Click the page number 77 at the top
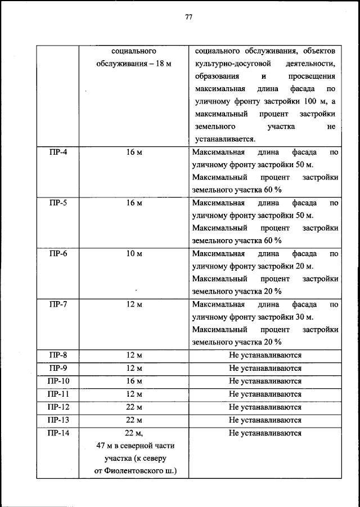click(188, 17)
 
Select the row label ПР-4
click(58, 152)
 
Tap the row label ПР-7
click(58, 304)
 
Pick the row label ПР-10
click(58, 382)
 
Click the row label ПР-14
click(58, 433)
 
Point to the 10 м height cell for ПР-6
click(134, 254)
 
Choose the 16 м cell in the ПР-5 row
click(134, 203)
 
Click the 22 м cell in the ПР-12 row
click(134, 407)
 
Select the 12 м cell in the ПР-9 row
click(134, 369)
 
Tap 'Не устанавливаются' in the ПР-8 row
click(265, 356)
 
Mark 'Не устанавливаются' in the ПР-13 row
click(265, 420)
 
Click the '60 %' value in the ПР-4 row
click(272, 190)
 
